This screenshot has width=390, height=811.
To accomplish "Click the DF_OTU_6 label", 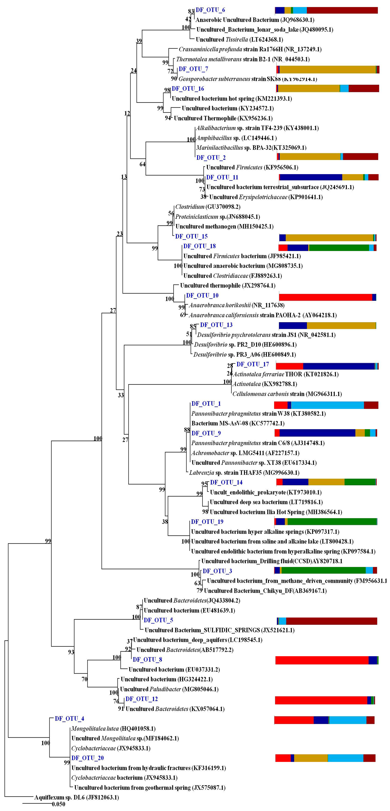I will [x=210, y=10].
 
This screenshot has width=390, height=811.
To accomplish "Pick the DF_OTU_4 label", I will [x=69, y=718].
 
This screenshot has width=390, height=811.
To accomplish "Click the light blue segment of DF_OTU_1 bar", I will [x=327, y=405].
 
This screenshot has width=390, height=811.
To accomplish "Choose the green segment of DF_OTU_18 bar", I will [x=339, y=248].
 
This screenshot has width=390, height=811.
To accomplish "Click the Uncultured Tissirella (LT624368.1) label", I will [x=239, y=39].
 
